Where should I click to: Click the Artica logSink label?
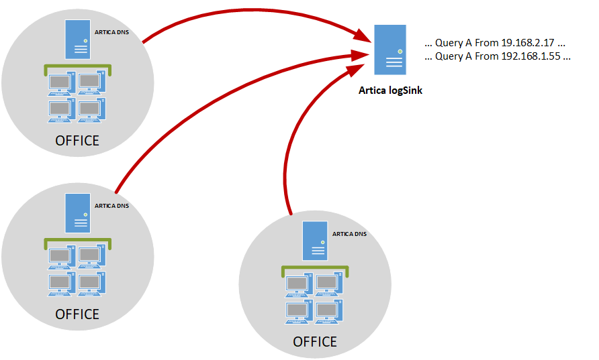[390, 91]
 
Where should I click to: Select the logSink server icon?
[390, 50]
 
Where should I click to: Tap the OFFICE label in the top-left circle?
[77, 141]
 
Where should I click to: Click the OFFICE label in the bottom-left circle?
[77, 314]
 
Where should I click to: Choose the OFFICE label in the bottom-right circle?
[315, 342]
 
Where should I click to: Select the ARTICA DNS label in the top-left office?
[111, 32]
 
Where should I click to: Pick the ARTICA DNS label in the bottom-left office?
[111, 206]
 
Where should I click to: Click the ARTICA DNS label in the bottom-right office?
[349, 234]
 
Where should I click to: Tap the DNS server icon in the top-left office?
[77, 40]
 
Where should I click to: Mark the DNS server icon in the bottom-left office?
[77, 213]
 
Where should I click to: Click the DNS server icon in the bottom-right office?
[315, 241]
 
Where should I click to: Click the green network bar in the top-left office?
[77, 66]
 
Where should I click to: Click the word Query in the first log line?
[449, 42]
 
